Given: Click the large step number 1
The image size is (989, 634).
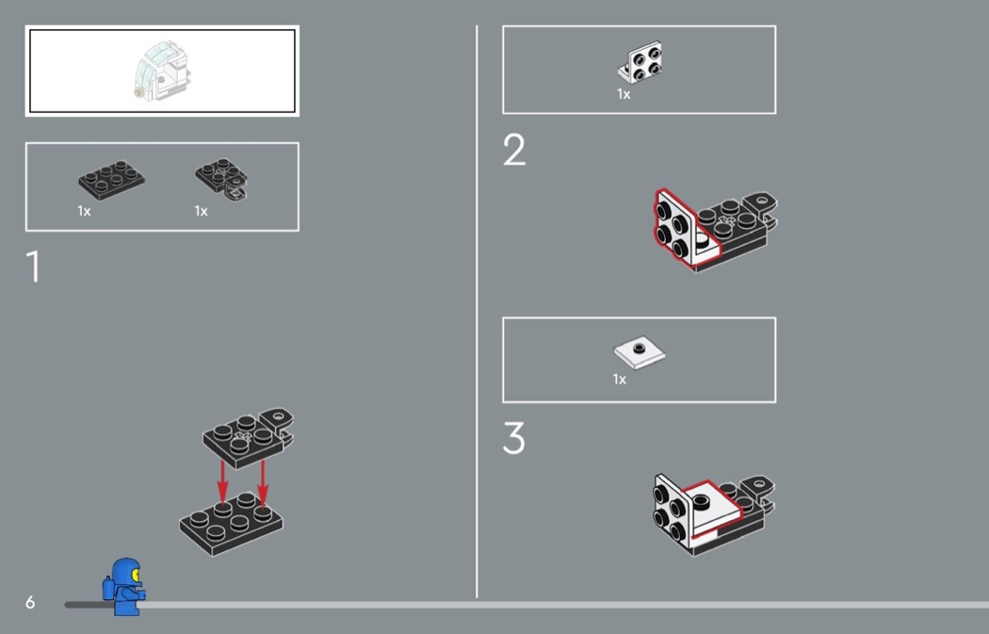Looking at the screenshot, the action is coord(34,267).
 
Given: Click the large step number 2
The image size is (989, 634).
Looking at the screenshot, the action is coord(514,150).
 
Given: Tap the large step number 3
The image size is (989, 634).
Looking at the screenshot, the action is coord(514,438).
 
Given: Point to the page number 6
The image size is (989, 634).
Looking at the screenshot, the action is coord(30,603).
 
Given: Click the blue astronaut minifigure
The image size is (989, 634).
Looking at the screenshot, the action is coord(124,586).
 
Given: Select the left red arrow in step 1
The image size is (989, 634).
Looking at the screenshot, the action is coord(222,480).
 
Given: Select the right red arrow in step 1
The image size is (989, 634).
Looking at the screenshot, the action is coord(263,482).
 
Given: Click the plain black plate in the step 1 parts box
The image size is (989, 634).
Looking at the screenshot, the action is coord(112,181).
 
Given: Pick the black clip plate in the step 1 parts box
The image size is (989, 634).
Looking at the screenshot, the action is coord(221,179).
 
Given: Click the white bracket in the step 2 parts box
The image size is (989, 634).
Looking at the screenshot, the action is coord(640,62).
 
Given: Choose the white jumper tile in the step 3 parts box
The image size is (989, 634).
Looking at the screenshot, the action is coord(639,352).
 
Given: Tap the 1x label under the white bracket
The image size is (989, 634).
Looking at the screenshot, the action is coord(624,94).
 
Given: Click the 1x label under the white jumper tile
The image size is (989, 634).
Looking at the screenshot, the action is coord(620,379).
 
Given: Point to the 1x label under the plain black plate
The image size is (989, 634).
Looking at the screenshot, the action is coord(85,211).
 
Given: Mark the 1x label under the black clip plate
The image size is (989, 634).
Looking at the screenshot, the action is coord(202,211).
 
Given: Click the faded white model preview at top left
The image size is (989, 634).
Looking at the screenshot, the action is coord(162,71).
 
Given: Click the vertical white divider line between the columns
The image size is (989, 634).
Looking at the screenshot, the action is coord(477,312).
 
